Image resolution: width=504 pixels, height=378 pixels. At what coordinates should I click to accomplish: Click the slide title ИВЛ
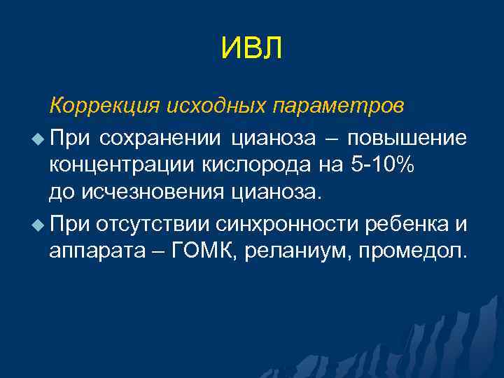coord(251,49)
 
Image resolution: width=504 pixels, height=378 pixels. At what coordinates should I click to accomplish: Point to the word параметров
coord(337,106)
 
